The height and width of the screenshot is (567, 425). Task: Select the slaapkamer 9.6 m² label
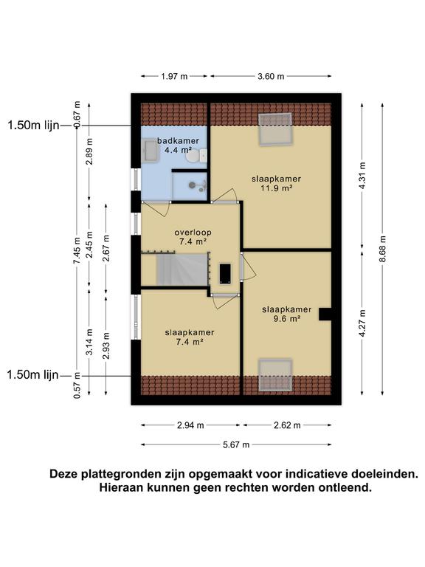(x=286, y=314)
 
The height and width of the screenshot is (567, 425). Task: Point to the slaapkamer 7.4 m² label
(x=190, y=337)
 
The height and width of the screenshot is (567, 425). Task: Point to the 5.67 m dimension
(x=235, y=444)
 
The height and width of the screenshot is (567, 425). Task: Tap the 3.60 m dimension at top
(x=271, y=76)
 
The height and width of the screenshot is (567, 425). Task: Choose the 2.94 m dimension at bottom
(x=190, y=425)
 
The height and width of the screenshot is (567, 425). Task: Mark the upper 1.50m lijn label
(x=32, y=126)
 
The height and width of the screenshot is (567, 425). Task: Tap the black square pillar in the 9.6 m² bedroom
(x=324, y=315)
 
